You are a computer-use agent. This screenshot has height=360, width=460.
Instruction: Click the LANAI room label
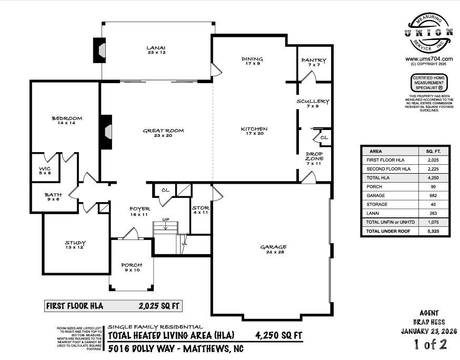[x=156, y=50]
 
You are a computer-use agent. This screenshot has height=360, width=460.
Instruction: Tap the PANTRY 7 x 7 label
[x=314, y=63]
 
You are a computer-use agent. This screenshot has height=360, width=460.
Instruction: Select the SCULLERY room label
[x=313, y=103]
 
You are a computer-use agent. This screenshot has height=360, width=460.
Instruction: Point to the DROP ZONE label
[x=314, y=158]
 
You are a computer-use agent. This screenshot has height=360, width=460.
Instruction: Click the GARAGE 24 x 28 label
[x=272, y=249]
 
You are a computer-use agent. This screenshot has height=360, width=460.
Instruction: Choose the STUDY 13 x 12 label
[x=75, y=245]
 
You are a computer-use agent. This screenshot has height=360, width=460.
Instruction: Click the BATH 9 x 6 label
[x=53, y=197]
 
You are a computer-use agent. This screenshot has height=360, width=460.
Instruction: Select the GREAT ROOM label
[x=156, y=133]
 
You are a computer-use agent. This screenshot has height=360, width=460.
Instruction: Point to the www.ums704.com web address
[x=429, y=59]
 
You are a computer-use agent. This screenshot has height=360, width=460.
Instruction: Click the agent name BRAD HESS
[x=429, y=322]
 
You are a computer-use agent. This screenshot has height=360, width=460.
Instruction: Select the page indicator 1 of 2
[x=429, y=345]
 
